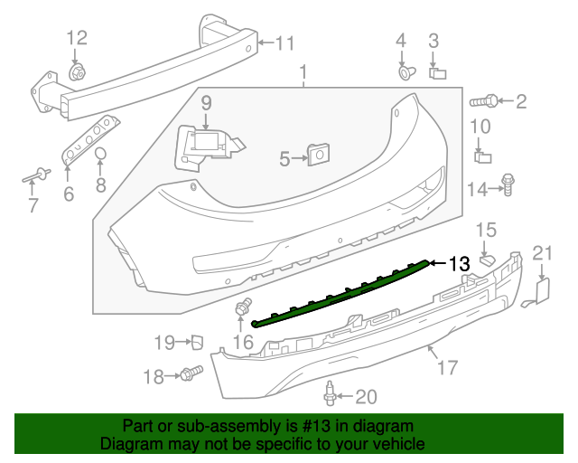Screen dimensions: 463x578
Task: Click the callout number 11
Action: click(x=285, y=43)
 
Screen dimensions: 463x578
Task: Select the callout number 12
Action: click(x=77, y=38)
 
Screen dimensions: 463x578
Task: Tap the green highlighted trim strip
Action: click(x=343, y=294)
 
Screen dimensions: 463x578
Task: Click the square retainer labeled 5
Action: click(x=316, y=156)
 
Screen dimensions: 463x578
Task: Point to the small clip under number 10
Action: click(x=482, y=156)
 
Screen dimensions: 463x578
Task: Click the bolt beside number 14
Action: click(x=508, y=186)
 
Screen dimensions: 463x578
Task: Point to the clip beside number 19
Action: click(x=194, y=341)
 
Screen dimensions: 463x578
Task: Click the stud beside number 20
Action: click(x=330, y=394)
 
